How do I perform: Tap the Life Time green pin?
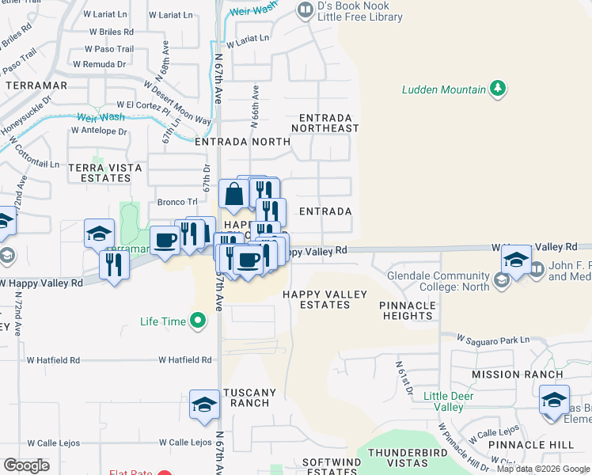point(198,321)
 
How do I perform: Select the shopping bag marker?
point(235,194)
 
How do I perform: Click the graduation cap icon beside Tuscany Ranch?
point(204,405)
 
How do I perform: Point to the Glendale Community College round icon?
point(500,280)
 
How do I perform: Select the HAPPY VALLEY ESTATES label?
point(325,301)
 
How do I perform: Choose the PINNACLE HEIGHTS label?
point(406,310)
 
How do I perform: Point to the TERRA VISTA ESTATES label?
point(105,173)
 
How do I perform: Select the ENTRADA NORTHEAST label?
point(324,122)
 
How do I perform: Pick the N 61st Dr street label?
point(404,378)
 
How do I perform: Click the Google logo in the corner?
point(26,465)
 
